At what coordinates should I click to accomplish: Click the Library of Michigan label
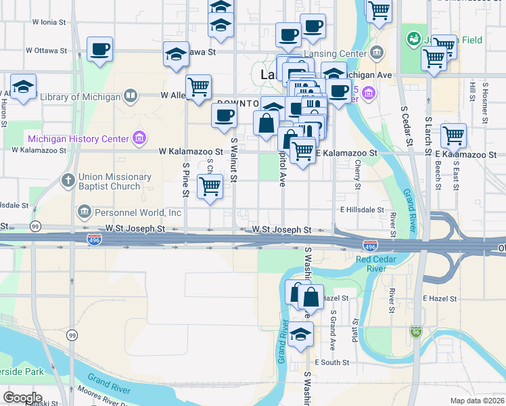[x=79, y=97]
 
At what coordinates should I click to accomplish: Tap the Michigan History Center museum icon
[x=140, y=139]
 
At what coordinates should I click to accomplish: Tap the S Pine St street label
[x=185, y=180]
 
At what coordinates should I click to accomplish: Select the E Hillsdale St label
[x=362, y=210]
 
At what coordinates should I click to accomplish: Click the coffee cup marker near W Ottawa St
[x=99, y=49]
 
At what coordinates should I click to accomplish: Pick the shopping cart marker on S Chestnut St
[x=210, y=185]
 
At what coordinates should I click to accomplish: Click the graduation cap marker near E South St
[x=300, y=334]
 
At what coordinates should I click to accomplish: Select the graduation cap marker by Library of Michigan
[x=23, y=87]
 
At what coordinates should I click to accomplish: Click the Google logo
[x=22, y=397]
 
